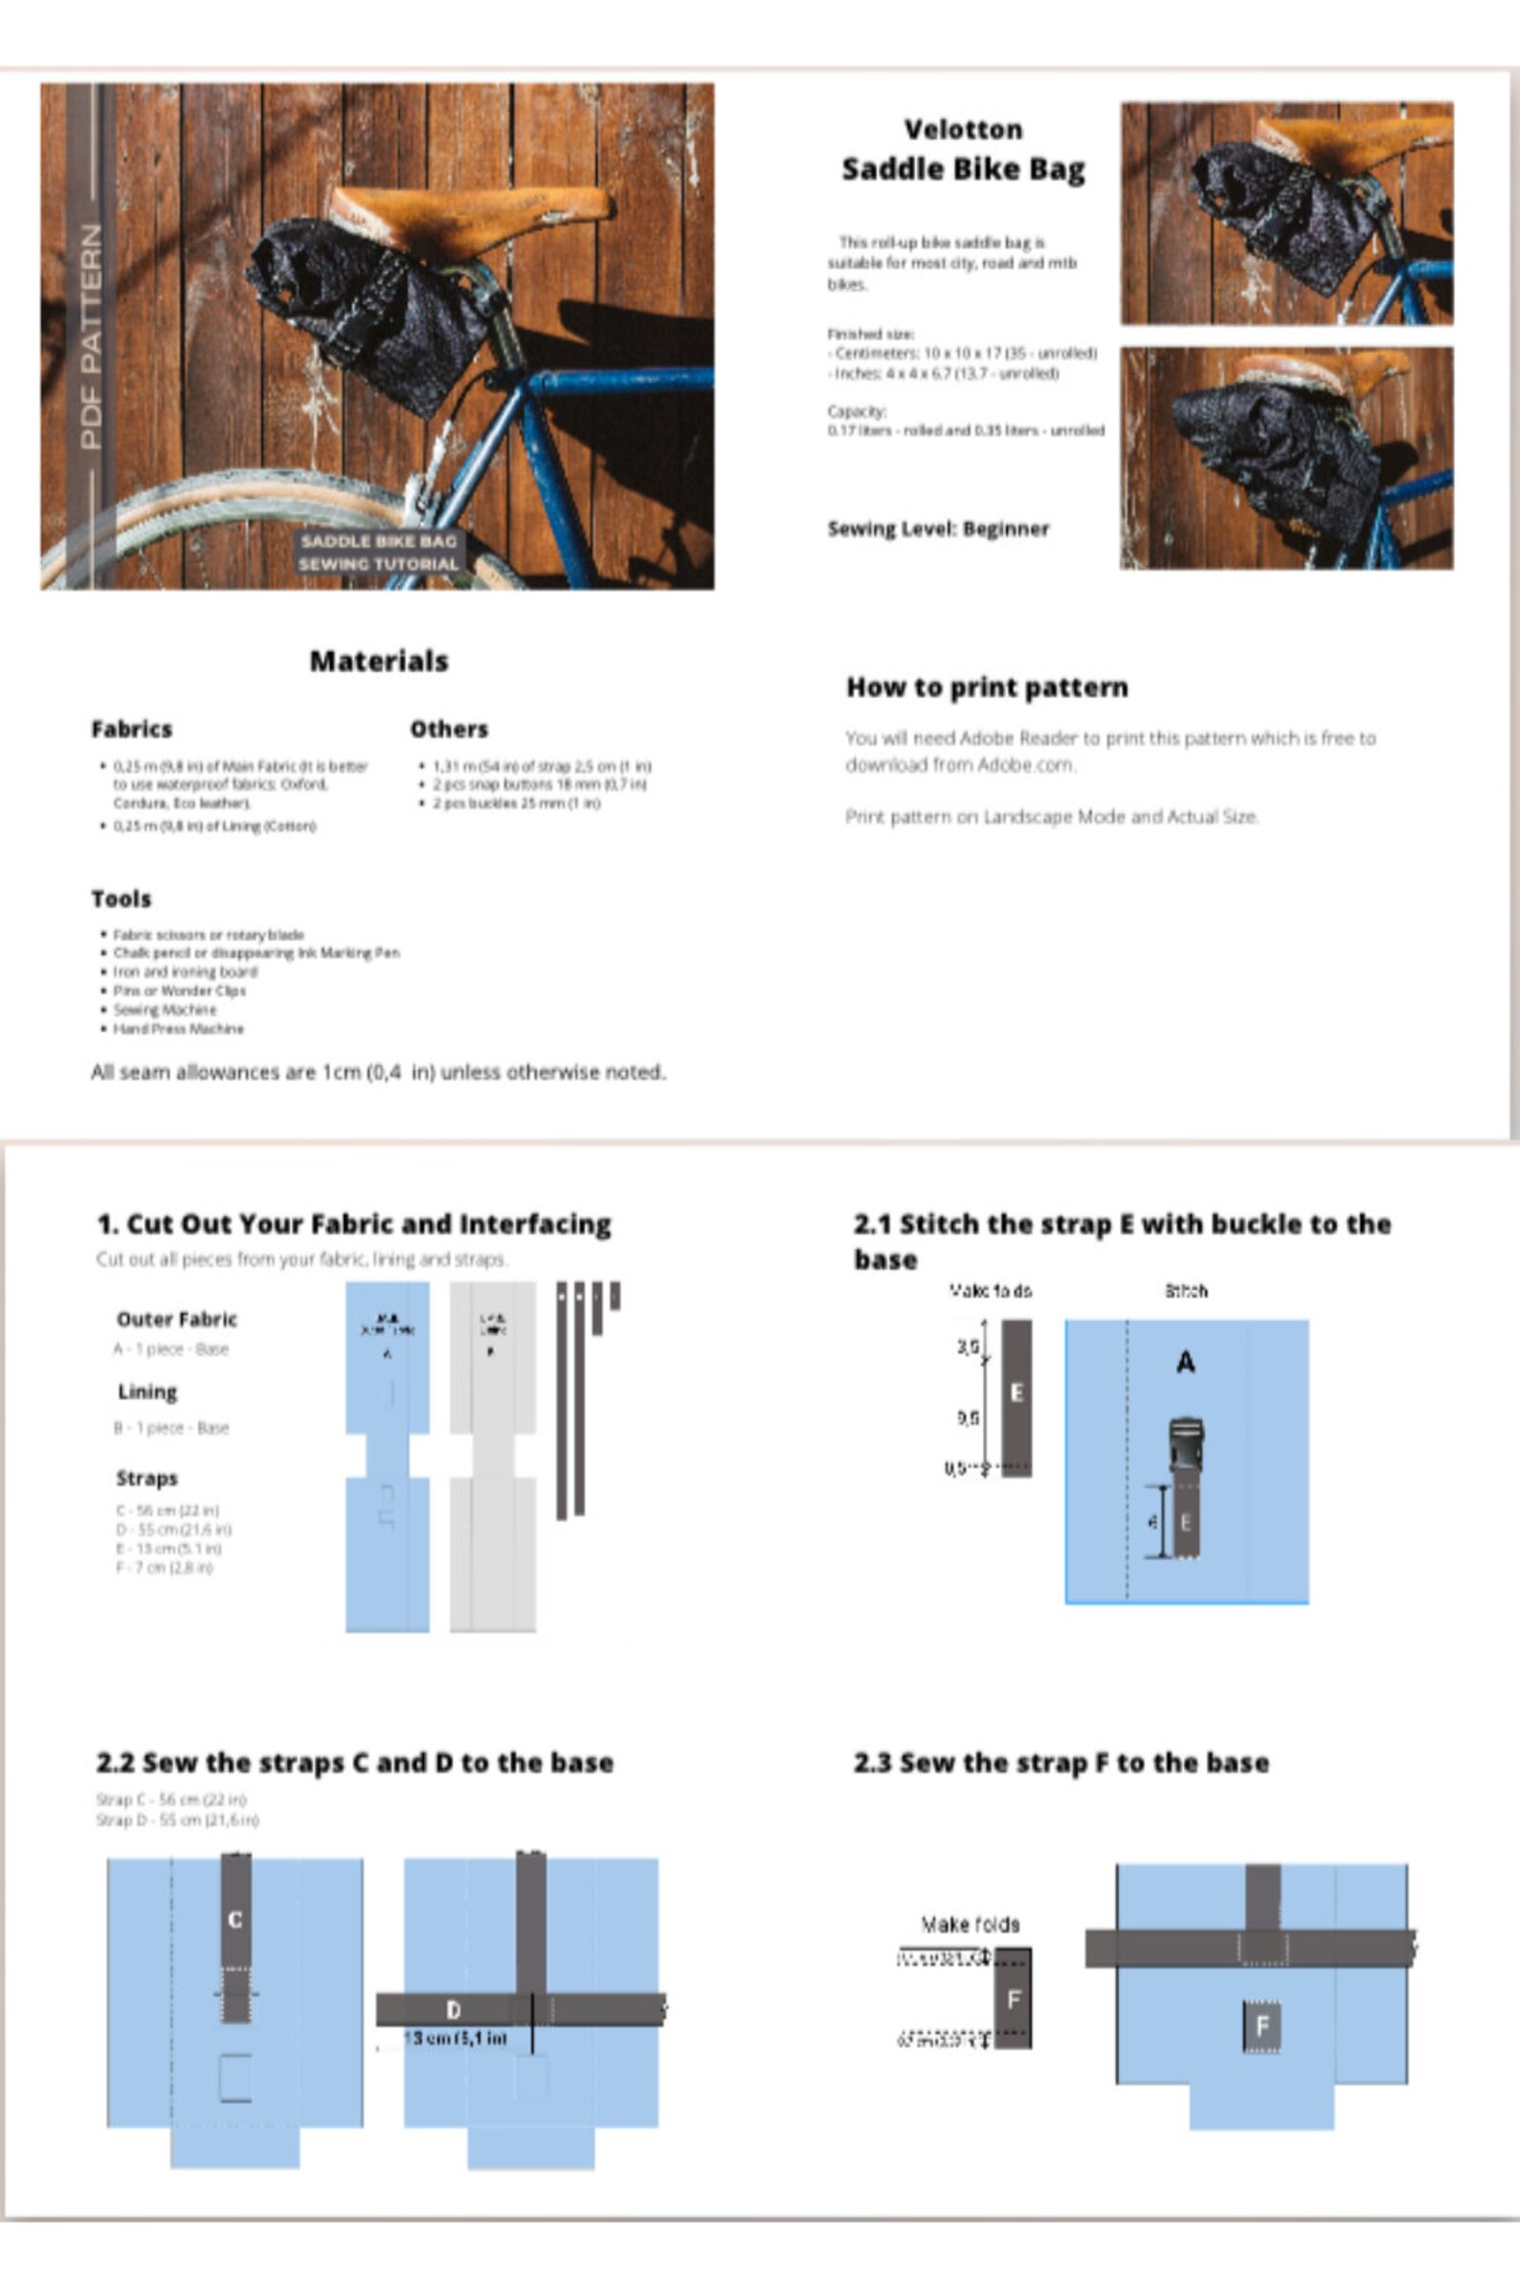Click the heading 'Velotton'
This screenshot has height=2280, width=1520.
pos(963,129)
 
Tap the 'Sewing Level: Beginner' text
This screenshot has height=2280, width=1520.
pos(937,528)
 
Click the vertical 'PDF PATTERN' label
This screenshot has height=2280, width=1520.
pos(90,336)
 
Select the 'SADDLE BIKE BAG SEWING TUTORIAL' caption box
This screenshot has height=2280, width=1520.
pos(379,551)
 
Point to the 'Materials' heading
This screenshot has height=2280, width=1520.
pos(378,661)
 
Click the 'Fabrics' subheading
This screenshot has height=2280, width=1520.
pos(131,729)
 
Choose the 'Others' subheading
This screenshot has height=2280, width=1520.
pos(449,729)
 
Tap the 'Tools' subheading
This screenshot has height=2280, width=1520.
pos(122,899)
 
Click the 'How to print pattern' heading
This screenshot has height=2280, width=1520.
pos(986,687)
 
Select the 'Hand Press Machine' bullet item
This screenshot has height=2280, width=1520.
pos(178,1029)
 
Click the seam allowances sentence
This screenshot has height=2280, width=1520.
pos(378,1072)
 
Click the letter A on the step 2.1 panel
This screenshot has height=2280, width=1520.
pos(1185,1363)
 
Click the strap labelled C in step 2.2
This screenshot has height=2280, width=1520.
pos(235,1919)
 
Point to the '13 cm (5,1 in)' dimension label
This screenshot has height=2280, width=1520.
pos(454,2038)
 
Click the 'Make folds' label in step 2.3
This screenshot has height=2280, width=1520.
pos(970,1924)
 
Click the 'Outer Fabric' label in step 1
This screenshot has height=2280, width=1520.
pos(176,1319)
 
